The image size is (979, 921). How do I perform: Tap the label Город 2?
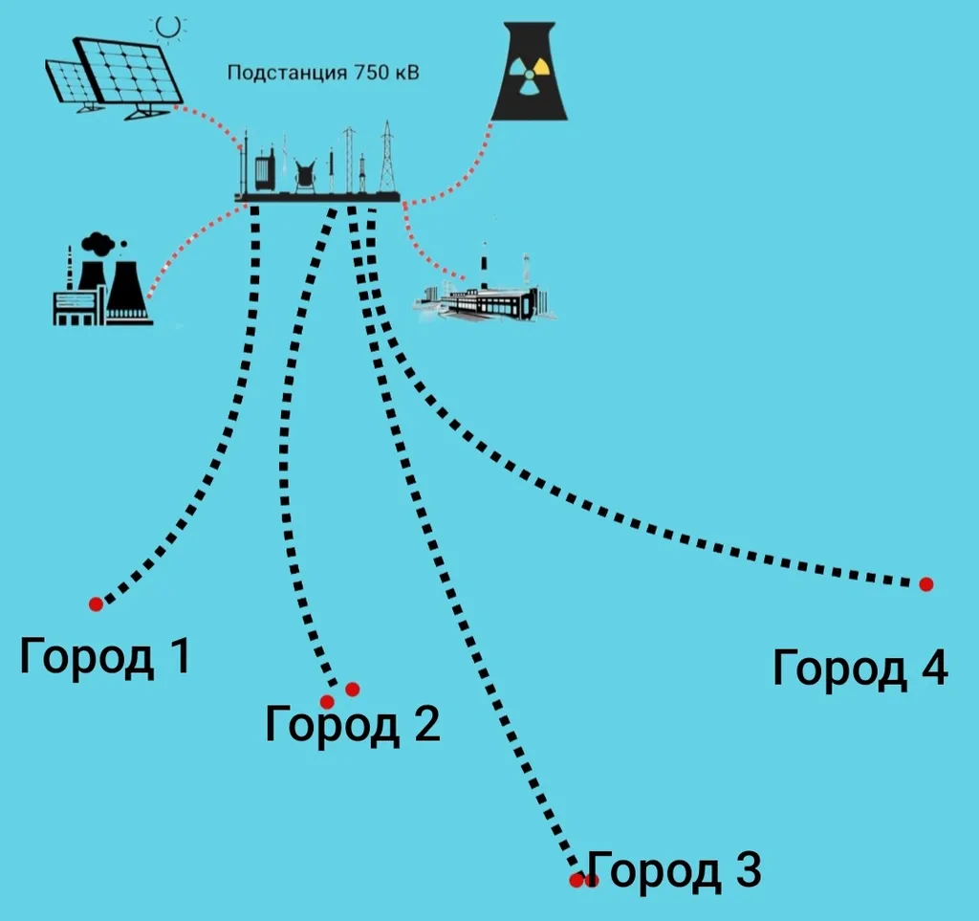352,724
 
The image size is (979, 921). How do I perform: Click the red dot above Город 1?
96,603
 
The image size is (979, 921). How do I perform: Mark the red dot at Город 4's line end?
925,584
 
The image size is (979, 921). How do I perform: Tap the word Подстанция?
287,73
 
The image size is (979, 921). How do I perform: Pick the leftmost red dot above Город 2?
328,701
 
